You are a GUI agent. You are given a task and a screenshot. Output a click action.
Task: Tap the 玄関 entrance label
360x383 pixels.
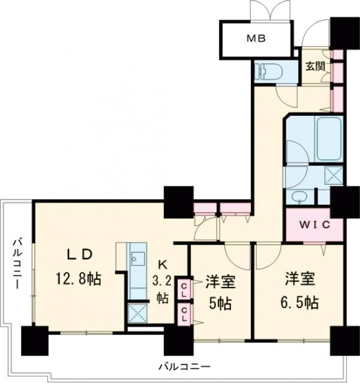(314, 67)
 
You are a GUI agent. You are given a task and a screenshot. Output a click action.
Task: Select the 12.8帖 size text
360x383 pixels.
(80, 278)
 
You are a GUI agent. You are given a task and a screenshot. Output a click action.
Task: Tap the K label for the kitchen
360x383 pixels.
(163, 264)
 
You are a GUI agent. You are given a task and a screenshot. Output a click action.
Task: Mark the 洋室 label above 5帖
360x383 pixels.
(220, 280)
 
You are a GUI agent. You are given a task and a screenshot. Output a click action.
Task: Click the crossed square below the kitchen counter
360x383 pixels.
(136, 313)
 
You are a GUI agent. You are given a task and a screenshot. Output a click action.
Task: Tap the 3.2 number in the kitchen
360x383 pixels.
(163, 280)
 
